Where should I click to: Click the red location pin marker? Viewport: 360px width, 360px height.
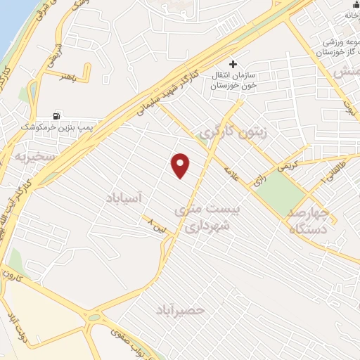181,165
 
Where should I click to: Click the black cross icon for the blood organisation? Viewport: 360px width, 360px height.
233,64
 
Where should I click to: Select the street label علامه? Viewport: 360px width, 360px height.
231,172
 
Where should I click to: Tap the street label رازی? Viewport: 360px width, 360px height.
259,179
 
